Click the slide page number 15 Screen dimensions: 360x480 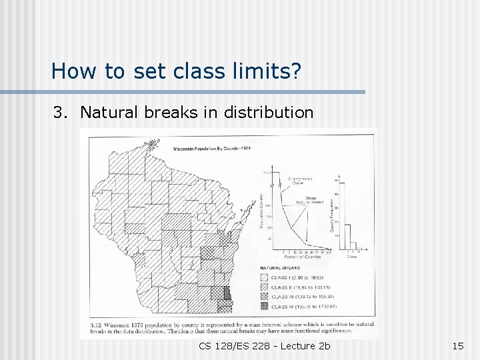457,345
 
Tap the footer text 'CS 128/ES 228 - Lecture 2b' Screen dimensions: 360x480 264,345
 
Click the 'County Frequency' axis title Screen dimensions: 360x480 331,207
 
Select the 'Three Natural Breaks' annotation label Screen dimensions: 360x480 310,200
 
